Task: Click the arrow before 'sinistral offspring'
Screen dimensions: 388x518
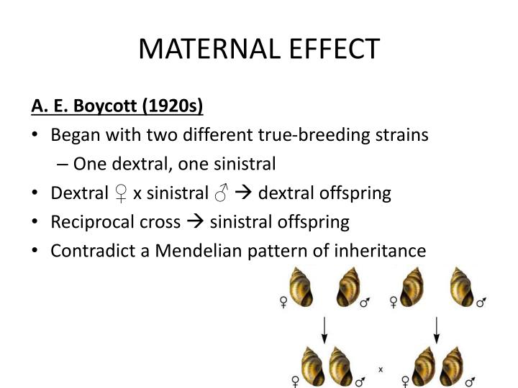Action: (x=195, y=222)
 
